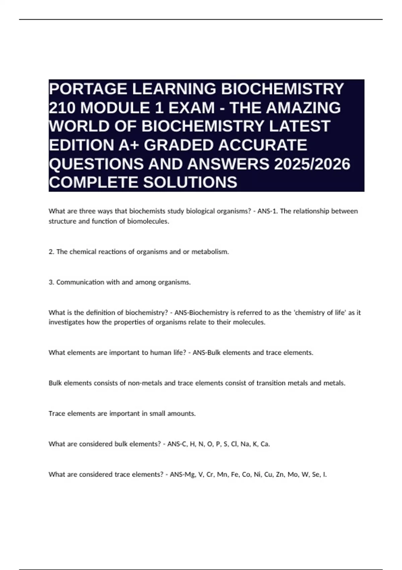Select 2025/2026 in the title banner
click(x=312, y=164)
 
